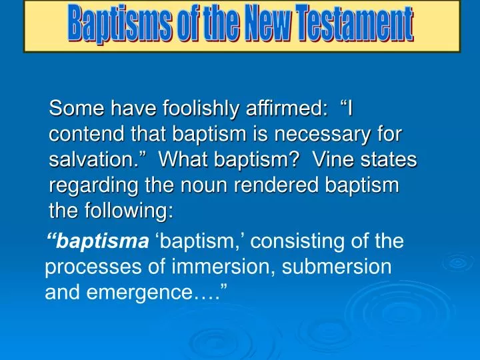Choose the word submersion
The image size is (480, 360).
click(337, 267)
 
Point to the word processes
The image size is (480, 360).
click(85, 267)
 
